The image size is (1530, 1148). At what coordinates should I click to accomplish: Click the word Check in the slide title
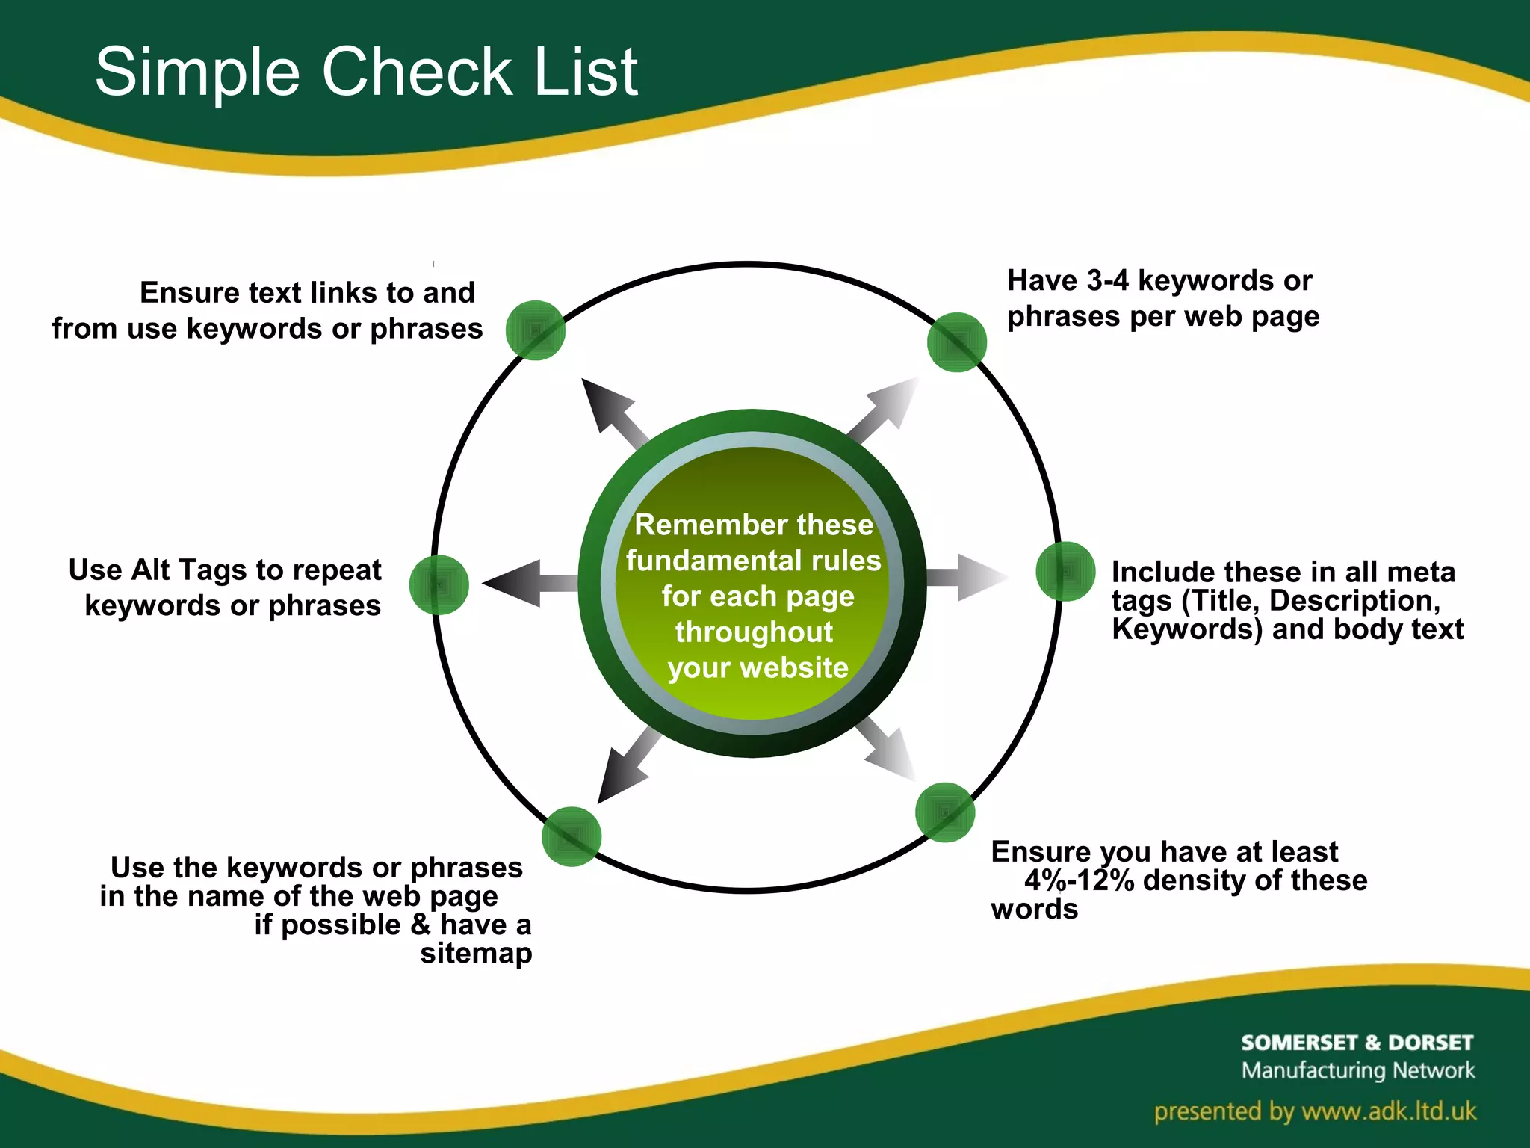(417, 72)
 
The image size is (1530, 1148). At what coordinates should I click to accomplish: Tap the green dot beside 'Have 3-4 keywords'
(956, 342)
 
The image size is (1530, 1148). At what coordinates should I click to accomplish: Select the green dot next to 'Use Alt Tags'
(439, 584)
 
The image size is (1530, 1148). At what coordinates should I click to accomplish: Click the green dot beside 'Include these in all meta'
(1065, 572)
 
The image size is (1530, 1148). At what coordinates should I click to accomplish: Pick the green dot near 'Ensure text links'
(535, 330)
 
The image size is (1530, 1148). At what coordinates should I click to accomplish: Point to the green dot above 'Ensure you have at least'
(944, 812)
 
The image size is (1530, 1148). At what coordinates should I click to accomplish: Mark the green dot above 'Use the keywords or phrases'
(572, 836)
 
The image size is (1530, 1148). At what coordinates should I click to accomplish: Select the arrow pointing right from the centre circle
(967, 577)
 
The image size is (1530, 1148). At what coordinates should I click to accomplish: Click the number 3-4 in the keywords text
(1107, 281)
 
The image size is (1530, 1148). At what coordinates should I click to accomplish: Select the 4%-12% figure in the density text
(1079, 881)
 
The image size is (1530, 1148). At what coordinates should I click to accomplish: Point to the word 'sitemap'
(476, 954)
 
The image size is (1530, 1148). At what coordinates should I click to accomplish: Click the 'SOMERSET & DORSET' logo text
(1357, 1043)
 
